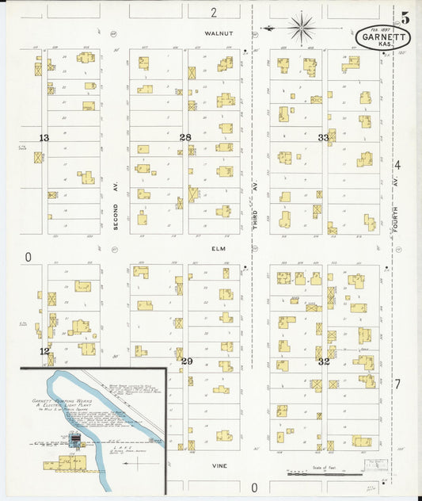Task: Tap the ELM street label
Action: point(219,248)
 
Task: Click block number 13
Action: point(44,138)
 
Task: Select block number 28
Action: point(185,137)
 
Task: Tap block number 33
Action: point(323,137)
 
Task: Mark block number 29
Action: point(186,361)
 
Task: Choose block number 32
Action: point(323,361)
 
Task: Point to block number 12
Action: point(45,350)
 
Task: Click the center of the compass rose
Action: point(302,29)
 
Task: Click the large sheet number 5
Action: point(405,18)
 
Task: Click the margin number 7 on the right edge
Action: point(397,384)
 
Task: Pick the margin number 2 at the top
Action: point(213,12)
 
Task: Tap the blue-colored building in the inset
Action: point(76,438)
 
